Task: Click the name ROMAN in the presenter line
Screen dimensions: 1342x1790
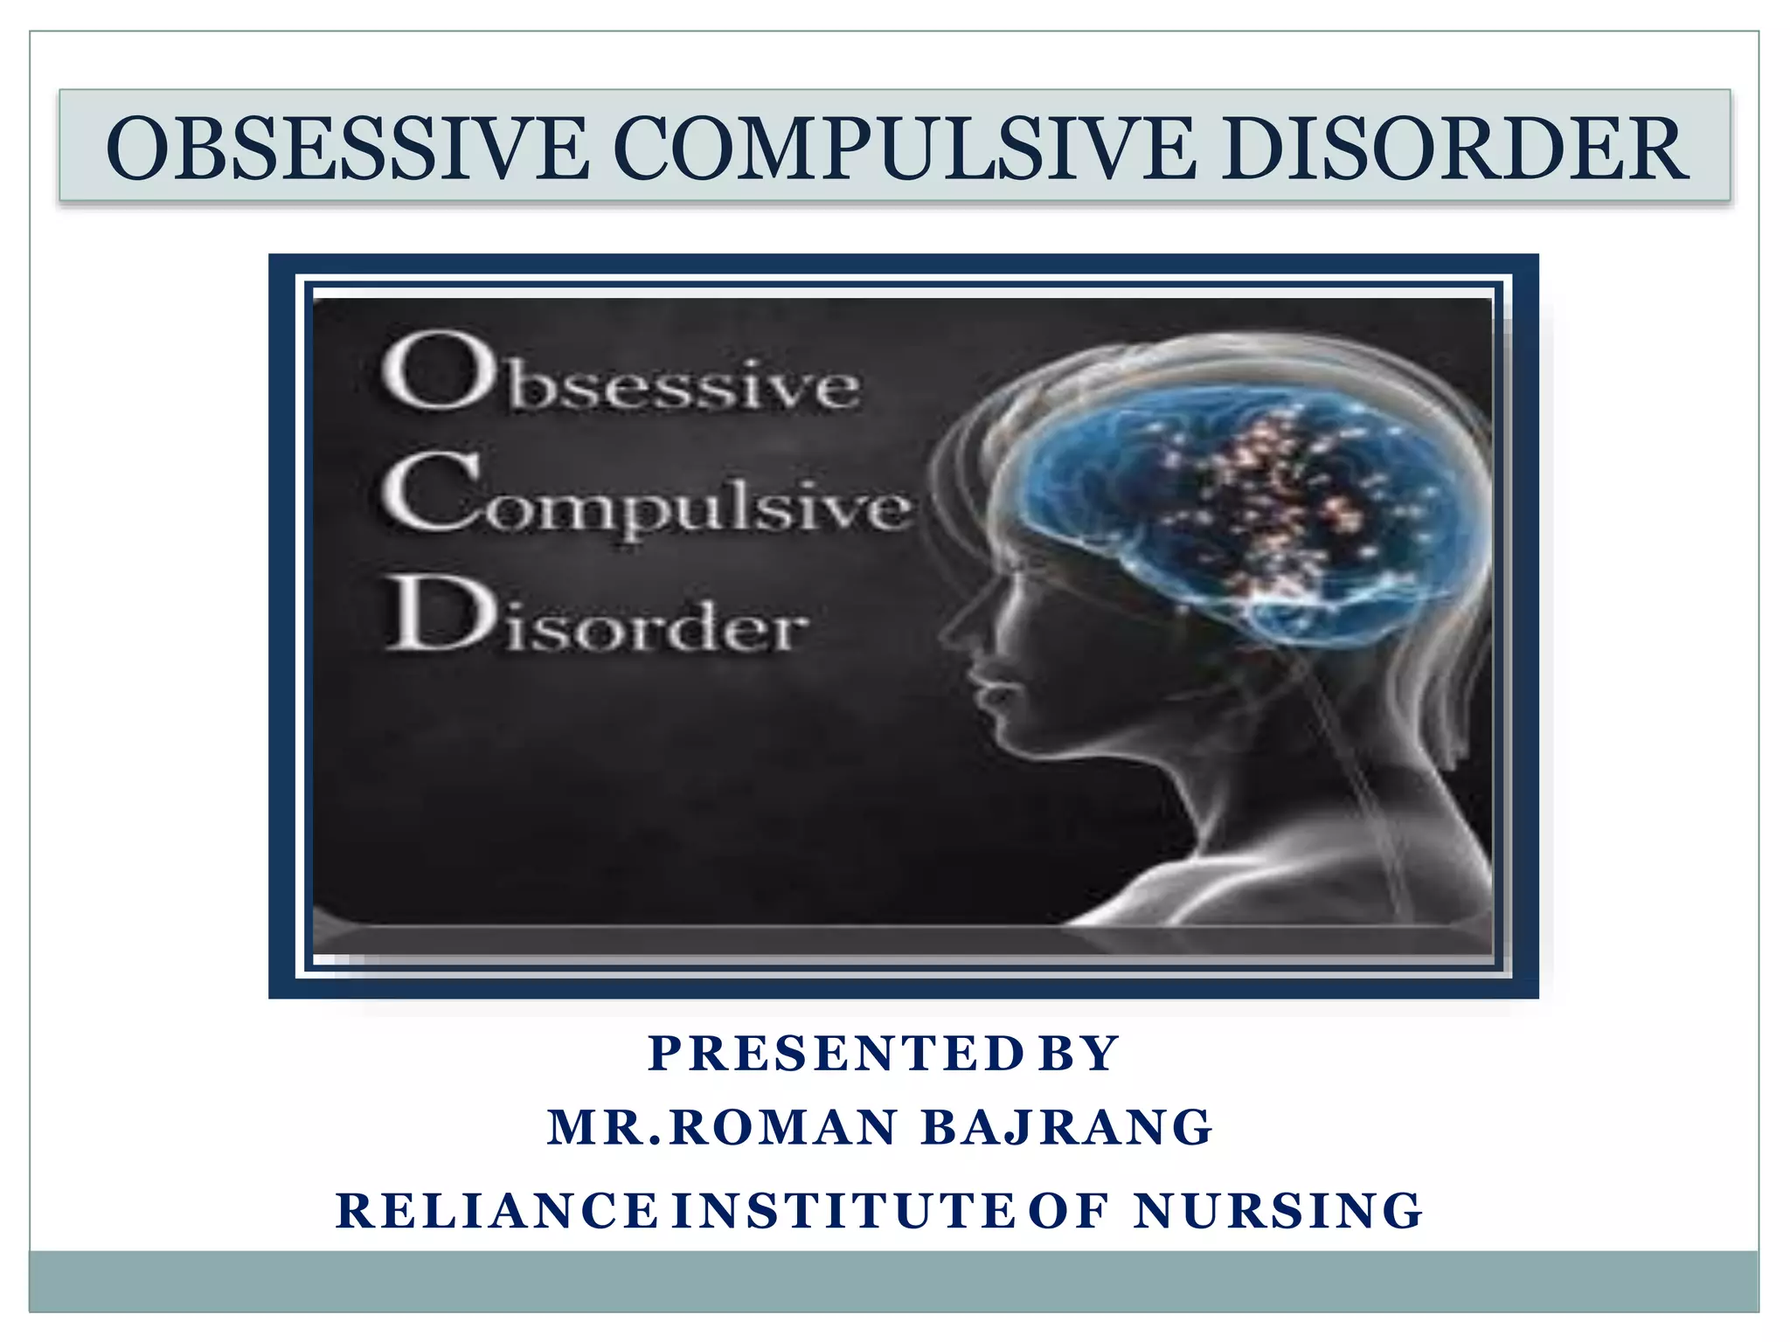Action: pyautogui.click(x=784, y=1128)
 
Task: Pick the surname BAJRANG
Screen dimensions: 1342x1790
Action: pyautogui.click(x=1067, y=1128)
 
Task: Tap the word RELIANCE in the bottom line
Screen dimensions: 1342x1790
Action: pyautogui.click(x=496, y=1212)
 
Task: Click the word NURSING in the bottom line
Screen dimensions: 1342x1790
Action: pyautogui.click(x=1278, y=1212)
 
